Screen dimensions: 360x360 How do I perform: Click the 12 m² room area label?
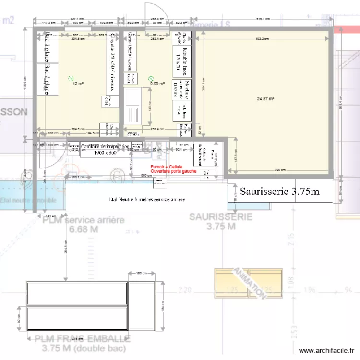coord(78,84)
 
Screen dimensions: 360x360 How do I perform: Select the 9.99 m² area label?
coord(157,84)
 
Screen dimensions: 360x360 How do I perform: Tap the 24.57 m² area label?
coord(265,99)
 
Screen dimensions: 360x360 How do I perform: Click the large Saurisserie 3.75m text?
coord(279,192)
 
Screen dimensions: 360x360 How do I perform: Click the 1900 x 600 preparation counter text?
coord(105,153)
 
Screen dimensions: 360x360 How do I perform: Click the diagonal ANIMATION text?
coord(249,284)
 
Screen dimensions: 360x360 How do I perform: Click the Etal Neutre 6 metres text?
coord(146,199)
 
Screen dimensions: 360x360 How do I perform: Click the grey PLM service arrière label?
coord(83,220)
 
